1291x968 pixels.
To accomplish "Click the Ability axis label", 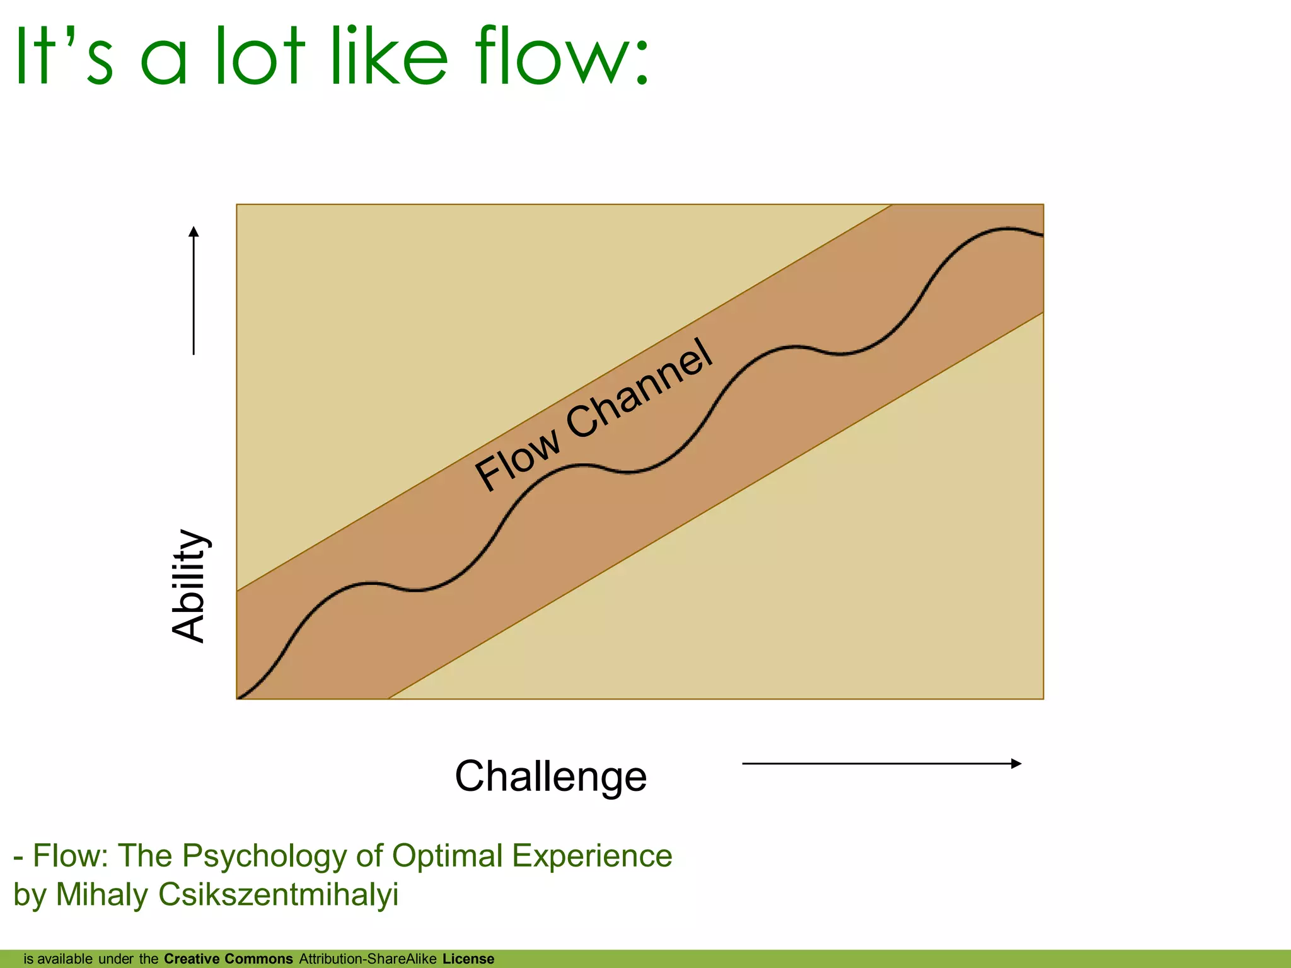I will click(x=189, y=585).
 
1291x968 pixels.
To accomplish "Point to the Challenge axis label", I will click(x=550, y=776).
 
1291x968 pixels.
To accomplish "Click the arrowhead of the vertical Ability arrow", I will click(x=194, y=231).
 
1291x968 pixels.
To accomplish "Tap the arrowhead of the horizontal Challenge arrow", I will click(x=1016, y=763).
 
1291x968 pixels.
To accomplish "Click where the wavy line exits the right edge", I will click(x=1041, y=235).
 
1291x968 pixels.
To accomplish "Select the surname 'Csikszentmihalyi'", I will click(x=278, y=895).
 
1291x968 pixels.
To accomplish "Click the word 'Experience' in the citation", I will click(x=592, y=856).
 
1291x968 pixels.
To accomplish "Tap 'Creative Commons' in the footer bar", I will click(x=228, y=959).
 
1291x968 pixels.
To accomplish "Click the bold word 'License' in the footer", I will click(x=468, y=959).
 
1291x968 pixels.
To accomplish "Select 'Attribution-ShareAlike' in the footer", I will click(x=368, y=959).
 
